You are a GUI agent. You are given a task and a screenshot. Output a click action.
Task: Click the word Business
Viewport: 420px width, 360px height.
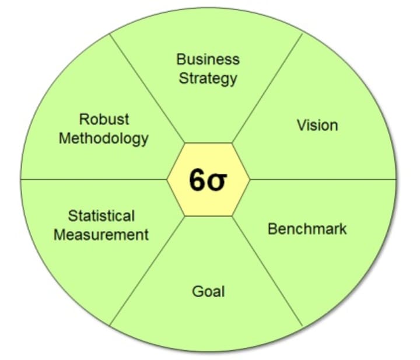coord(208,59)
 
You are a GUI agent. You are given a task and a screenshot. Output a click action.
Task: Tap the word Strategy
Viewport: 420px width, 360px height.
coord(208,78)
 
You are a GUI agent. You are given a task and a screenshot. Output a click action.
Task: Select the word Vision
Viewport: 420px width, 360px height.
coord(317,125)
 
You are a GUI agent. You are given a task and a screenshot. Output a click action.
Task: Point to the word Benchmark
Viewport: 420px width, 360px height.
coord(307,228)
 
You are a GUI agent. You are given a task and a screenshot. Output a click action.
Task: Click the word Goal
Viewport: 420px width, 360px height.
coord(208,290)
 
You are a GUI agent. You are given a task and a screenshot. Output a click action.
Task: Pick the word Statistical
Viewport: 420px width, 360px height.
coord(101,215)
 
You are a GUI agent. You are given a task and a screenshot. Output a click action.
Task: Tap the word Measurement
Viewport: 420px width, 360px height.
coord(101,235)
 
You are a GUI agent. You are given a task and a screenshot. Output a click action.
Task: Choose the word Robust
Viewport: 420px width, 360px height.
coord(104,120)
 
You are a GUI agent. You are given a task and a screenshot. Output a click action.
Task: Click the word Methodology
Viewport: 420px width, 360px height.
coord(104,139)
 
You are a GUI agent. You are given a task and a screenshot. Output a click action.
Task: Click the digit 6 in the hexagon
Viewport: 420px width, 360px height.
coord(197,180)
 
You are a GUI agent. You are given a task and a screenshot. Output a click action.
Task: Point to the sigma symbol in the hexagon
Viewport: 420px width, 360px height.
coord(218,181)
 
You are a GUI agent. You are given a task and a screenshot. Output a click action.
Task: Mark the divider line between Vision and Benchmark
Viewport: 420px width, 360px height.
coord(327,179)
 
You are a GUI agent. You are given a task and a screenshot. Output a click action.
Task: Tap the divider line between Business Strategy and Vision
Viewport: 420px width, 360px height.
coord(268,88)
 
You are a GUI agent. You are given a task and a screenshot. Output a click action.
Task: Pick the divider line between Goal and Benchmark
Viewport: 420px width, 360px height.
coord(268,271)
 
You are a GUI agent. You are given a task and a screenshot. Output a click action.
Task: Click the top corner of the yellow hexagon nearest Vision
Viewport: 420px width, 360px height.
coord(232,142)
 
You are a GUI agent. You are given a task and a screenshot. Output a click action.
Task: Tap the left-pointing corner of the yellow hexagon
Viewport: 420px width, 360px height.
coord(167,179)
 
